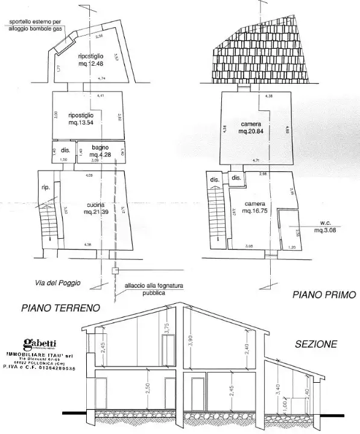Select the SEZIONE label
coord(316,345)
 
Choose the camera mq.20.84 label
coord(250,127)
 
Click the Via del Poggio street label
coord(58,283)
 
